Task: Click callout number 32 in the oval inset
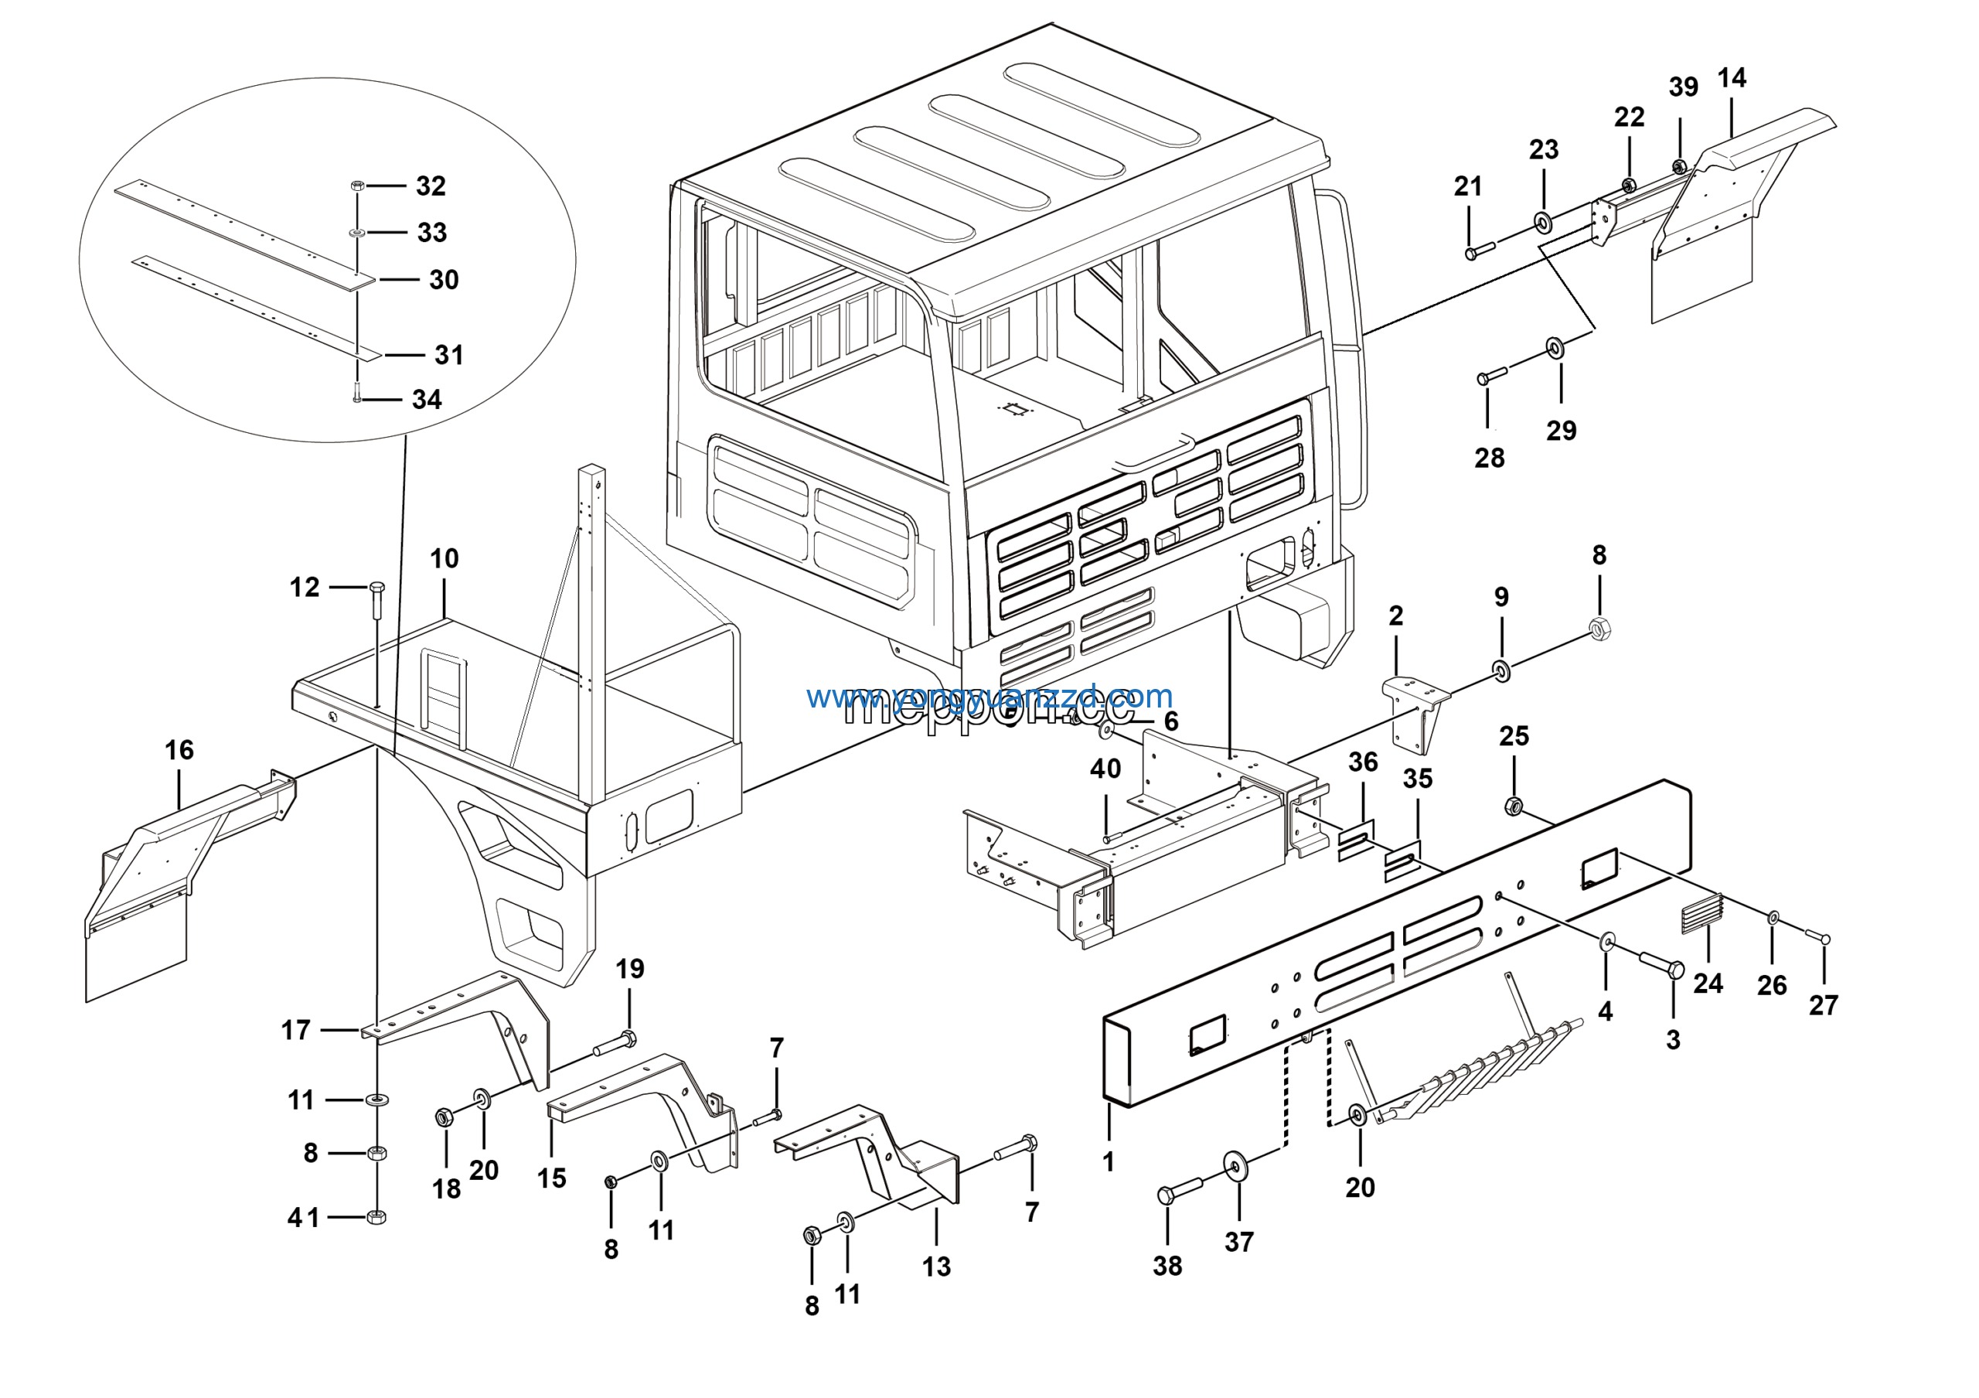431,186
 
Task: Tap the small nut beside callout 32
358,186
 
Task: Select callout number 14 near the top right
1732,78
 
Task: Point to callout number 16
179,750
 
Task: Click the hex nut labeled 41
376,1217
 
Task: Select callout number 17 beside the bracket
295,1030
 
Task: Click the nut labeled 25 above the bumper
1512,806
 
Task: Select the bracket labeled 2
1416,712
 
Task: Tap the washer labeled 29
1555,348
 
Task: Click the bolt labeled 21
1479,251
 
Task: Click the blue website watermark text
989,696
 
